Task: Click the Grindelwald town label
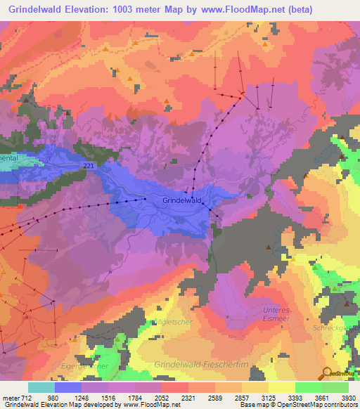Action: coord(182,200)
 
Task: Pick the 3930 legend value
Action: coord(349,397)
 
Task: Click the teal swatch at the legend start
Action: coord(41,387)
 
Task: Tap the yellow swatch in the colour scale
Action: coord(281,387)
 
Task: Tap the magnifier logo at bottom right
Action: coord(328,374)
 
